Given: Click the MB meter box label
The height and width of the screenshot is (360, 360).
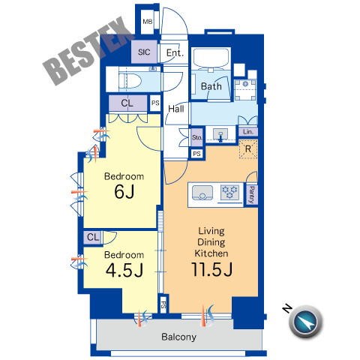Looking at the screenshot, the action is point(148,22).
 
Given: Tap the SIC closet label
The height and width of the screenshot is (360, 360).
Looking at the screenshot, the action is point(144,52).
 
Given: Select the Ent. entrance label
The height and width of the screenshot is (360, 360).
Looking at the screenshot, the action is point(175,52).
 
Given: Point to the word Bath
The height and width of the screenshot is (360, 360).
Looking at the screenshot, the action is point(211,86).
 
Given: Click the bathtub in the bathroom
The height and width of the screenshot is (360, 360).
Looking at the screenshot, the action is point(211,58).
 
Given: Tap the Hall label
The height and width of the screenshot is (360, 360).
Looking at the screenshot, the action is point(176,109).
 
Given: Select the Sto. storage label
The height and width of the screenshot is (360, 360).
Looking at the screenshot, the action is point(196,137).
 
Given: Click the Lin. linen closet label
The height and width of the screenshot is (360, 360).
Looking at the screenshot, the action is point(248,131).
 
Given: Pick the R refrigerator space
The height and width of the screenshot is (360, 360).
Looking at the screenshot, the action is point(248,149).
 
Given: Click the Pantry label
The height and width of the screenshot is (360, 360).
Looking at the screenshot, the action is point(252,195).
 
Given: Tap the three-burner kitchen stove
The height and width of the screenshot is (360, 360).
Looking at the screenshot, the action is point(230,192).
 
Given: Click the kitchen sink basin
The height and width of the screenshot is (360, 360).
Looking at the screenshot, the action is point(202,193).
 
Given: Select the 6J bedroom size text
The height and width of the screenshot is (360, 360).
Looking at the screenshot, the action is point(124,192).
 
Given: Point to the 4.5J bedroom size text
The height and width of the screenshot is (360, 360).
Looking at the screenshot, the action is point(124,270).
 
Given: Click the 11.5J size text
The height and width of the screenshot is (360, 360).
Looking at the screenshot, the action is point(211,269).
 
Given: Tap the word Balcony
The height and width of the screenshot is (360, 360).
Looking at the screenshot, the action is point(178,337).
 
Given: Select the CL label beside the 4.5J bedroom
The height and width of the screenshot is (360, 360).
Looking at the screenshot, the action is point(93,237).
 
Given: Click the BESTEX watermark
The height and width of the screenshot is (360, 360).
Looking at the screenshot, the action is point(88,50).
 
